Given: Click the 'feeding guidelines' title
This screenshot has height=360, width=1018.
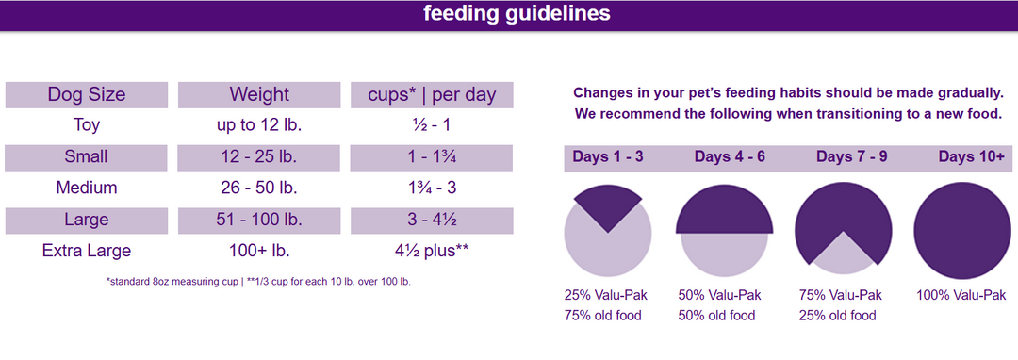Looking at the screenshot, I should pos(516,14).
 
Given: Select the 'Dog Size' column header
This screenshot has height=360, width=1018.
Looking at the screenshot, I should pos(86,94).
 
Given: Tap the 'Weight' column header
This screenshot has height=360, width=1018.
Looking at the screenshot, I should pos(259,94).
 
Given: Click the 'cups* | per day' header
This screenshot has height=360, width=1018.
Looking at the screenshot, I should pos(431,94).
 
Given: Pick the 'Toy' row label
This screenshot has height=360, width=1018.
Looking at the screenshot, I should pos(86,125).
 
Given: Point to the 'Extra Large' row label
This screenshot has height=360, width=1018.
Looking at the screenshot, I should pos(86,251).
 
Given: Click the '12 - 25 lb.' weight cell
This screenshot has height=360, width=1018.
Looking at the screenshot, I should pos(259,156).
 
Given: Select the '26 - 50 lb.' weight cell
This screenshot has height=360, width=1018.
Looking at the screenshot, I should pos(259,188).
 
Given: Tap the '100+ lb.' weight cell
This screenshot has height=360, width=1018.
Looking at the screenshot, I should pos(259,251).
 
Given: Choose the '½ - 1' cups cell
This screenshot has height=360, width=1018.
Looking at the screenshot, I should pos(431,125).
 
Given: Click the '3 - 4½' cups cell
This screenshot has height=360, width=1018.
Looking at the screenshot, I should pos(431,220).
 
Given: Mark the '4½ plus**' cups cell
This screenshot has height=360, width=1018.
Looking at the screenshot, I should pos(431,251).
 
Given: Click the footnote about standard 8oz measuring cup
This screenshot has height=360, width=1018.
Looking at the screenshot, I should pos(259,281).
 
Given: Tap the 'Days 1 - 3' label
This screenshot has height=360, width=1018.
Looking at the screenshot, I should pos(608,156).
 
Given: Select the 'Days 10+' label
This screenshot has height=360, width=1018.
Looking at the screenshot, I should pos(971,156).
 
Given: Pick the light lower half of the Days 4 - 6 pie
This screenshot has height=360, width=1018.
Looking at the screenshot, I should pos(724,254).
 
